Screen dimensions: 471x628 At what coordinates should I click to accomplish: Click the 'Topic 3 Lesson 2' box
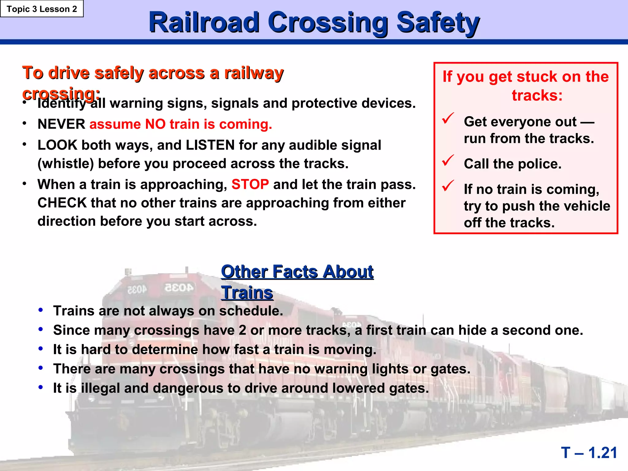coord(42,9)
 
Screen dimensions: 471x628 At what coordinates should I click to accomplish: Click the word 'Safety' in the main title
coord(438,23)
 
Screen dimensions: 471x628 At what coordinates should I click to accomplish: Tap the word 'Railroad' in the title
coord(204,23)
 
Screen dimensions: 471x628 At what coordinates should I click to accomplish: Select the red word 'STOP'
coord(250,185)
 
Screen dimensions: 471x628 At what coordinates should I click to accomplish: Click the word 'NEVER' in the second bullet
coord(61,124)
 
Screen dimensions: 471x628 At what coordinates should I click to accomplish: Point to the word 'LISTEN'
coord(210,145)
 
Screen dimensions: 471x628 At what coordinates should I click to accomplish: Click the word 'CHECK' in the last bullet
coord(62,203)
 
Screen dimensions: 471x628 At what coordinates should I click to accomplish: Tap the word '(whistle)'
coord(65,164)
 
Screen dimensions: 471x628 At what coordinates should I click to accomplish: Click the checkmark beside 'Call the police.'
coord(448,160)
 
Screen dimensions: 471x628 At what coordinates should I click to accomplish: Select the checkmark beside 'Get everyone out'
coord(448,118)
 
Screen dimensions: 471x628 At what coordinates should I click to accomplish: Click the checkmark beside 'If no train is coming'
coord(448,186)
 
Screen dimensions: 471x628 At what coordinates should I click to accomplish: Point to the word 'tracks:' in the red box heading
coord(537,95)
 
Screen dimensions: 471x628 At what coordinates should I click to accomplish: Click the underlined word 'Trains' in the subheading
coord(247,293)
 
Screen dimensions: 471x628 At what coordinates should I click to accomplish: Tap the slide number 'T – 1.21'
coord(589,453)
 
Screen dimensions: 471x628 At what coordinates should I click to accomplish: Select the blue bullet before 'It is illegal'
coord(40,387)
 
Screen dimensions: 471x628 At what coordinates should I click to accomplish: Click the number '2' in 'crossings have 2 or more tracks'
coord(242,330)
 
